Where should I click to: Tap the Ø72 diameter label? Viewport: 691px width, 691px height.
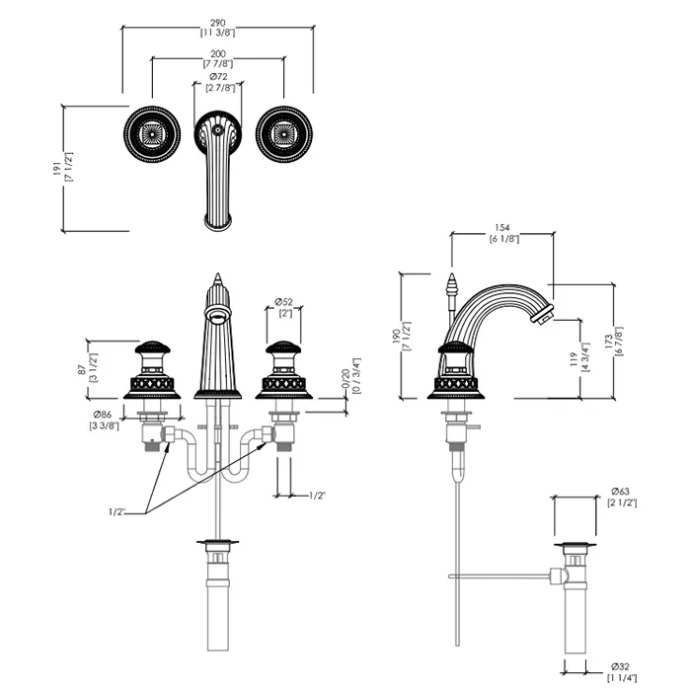point(219,77)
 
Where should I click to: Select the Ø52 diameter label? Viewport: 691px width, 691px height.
point(283,301)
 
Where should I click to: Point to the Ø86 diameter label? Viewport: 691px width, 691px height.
point(102,414)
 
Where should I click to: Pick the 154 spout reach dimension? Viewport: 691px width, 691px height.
point(502,226)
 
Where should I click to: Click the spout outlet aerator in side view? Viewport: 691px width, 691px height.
point(542,315)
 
